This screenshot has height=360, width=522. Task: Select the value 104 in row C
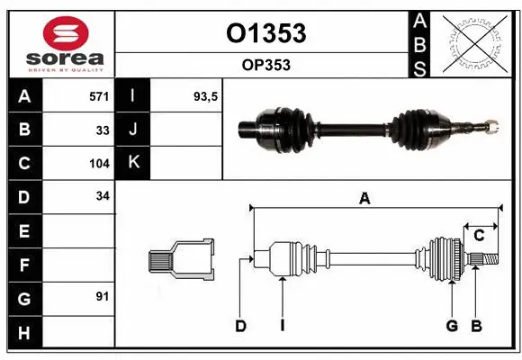[x=99, y=164]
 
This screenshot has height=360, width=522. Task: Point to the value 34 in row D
[x=103, y=196]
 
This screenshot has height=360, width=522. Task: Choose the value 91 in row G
[x=103, y=295]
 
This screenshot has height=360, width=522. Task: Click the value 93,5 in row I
[x=207, y=94]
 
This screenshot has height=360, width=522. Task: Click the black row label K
[x=133, y=163]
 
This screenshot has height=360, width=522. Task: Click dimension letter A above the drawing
[x=364, y=200]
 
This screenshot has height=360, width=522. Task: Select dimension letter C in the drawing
[x=479, y=236]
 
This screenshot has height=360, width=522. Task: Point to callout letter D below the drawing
[x=240, y=326]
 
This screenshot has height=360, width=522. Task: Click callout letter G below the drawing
[x=453, y=326]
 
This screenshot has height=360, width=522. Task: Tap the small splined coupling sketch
[x=181, y=261]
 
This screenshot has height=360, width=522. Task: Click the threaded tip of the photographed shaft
[x=493, y=124]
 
